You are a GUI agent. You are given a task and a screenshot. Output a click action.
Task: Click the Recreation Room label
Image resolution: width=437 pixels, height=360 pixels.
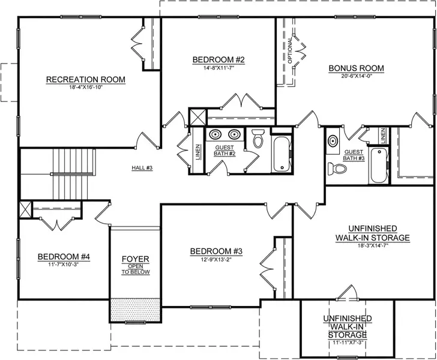[86, 79]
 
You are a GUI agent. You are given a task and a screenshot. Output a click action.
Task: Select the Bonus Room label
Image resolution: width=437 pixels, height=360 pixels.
[355, 68]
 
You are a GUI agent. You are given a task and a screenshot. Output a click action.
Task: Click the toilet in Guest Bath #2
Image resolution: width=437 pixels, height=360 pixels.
[258, 139]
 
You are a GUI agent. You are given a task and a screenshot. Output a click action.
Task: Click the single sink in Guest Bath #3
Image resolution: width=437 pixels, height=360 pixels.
[333, 142]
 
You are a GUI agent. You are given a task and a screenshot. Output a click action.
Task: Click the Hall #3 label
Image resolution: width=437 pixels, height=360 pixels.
[142, 167]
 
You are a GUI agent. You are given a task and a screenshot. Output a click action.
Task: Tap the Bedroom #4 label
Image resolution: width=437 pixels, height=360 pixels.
[64, 257]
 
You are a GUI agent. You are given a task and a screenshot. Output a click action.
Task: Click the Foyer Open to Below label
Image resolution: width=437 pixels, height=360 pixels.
[135, 265]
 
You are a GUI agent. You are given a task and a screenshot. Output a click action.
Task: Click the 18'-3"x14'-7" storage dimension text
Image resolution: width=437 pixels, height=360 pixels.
[372, 245]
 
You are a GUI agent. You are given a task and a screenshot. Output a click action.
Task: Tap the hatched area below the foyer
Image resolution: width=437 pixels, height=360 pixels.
[136, 310]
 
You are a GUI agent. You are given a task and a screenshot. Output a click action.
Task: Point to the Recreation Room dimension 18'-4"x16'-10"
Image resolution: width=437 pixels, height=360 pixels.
[86, 88]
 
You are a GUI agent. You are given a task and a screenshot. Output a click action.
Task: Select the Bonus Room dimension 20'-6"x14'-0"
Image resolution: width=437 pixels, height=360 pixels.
[355, 76]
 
